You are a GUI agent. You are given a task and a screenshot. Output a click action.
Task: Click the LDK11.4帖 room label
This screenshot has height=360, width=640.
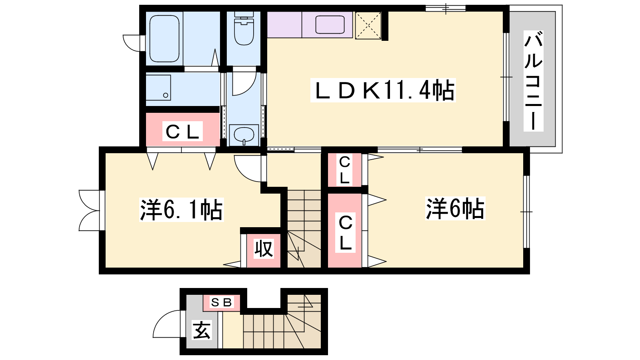(x=383, y=90)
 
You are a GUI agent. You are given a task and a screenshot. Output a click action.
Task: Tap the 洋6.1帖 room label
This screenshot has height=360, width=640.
(x=181, y=210)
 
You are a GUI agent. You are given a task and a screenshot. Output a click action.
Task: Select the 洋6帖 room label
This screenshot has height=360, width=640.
(x=455, y=208)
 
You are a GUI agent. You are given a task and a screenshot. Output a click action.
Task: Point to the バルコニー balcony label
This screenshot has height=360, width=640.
(x=533, y=81)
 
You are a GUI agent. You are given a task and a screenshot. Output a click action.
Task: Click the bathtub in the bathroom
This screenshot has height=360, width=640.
(x=164, y=38)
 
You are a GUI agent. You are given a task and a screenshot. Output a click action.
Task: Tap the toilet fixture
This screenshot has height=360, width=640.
(x=244, y=28)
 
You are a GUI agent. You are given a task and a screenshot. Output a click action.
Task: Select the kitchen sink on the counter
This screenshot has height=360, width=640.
(x=330, y=24)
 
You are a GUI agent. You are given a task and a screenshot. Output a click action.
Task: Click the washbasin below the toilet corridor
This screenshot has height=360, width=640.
(x=244, y=135)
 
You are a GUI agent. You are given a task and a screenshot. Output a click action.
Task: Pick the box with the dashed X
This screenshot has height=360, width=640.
(x=368, y=26)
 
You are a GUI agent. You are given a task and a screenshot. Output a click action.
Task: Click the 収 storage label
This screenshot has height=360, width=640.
(x=264, y=248)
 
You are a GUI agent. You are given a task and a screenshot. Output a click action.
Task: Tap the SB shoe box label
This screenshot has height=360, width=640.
(x=221, y=302)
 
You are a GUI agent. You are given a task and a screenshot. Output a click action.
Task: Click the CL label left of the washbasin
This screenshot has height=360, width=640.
(x=182, y=131)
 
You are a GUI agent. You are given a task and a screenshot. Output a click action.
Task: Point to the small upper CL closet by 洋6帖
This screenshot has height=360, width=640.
(x=344, y=170)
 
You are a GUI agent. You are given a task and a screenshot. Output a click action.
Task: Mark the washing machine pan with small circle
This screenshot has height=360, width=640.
(x=158, y=88)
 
